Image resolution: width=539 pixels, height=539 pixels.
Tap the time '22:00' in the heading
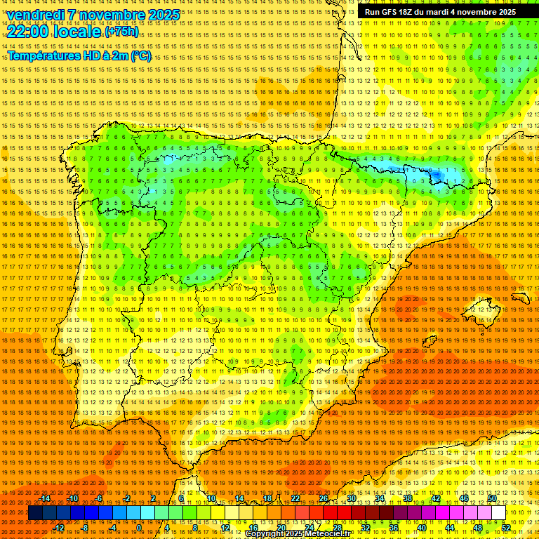click(x=28, y=32)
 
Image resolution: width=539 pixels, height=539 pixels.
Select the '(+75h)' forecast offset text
click(x=121, y=32)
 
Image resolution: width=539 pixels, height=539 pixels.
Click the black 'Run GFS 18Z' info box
click(x=440, y=12)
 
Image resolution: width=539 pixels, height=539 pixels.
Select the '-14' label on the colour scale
click(x=45, y=498)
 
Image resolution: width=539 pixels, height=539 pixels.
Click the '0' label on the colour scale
click(x=139, y=528)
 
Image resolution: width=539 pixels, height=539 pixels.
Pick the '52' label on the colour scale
click(x=505, y=528)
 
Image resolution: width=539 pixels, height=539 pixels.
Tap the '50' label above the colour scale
click(x=491, y=498)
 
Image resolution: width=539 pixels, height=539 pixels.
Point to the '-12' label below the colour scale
click(x=59, y=528)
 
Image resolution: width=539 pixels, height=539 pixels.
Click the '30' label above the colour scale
click(x=351, y=498)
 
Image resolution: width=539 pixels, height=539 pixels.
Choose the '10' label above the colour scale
click(x=211, y=498)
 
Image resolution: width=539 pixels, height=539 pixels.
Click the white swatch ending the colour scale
click(x=498, y=513)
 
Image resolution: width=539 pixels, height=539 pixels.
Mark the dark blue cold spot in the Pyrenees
click(x=436, y=174)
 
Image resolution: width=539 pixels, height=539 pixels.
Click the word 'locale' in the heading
click(x=77, y=32)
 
